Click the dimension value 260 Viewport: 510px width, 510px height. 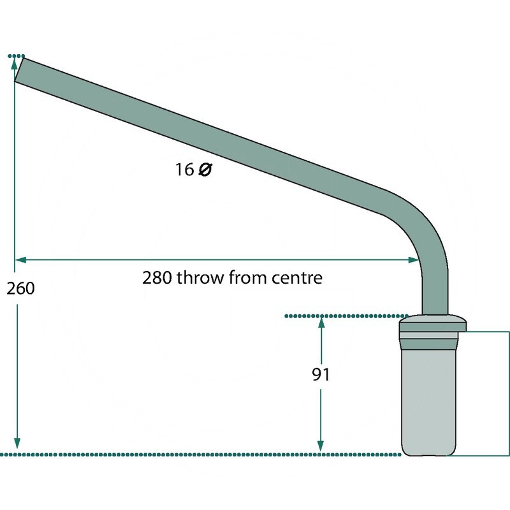pyautogui.click(x=20, y=289)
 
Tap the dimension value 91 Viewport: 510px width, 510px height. pyautogui.click(x=321, y=374)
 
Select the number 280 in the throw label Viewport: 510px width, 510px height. pyautogui.click(x=157, y=278)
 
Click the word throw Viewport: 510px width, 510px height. pyautogui.click(x=200, y=278)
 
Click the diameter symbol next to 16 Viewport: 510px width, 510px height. pyautogui.click(x=205, y=170)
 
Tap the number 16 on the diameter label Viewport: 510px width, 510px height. pyautogui.click(x=184, y=170)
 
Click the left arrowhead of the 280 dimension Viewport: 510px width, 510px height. pyautogui.click(x=20, y=259)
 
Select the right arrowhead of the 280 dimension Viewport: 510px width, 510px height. pyautogui.click(x=413, y=259)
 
